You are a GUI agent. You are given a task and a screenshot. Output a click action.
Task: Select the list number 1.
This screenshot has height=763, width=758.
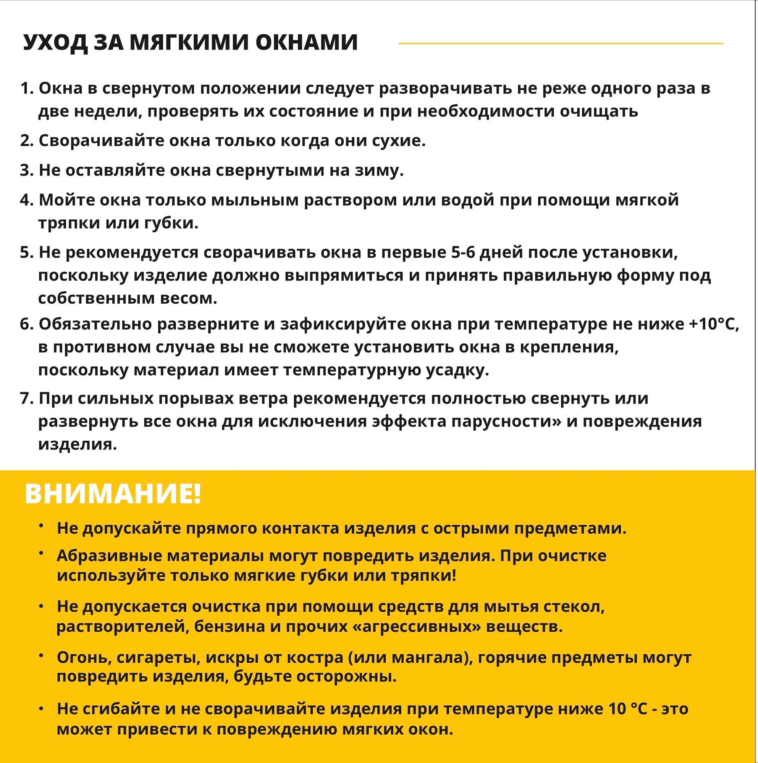tap(26, 89)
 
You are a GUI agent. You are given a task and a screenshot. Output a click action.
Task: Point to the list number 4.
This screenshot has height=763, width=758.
tap(26, 200)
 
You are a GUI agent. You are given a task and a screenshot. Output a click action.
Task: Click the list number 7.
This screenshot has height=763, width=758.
tap(26, 398)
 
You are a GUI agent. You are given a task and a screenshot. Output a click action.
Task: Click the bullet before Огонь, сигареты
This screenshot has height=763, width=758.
tap(41, 655)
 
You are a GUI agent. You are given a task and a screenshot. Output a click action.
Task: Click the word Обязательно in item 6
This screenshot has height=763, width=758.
tap(95, 324)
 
